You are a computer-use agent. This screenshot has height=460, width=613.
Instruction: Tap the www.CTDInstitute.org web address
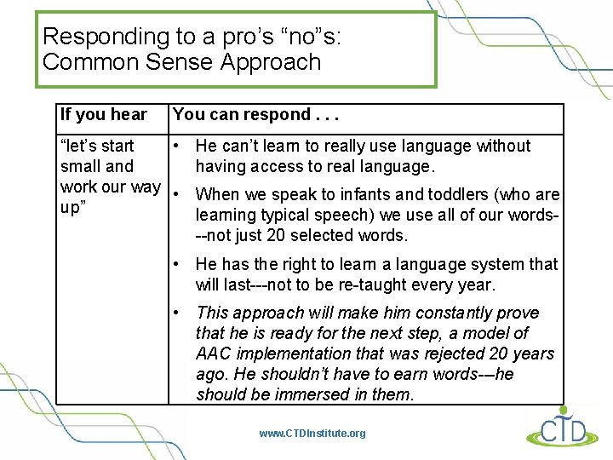click(x=312, y=434)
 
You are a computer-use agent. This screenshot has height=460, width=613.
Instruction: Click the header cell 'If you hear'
click(x=103, y=115)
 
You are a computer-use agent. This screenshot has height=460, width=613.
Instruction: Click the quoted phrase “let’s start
click(x=97, y=147)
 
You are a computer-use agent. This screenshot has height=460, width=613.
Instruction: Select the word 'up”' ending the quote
click(x=72, y=208)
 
